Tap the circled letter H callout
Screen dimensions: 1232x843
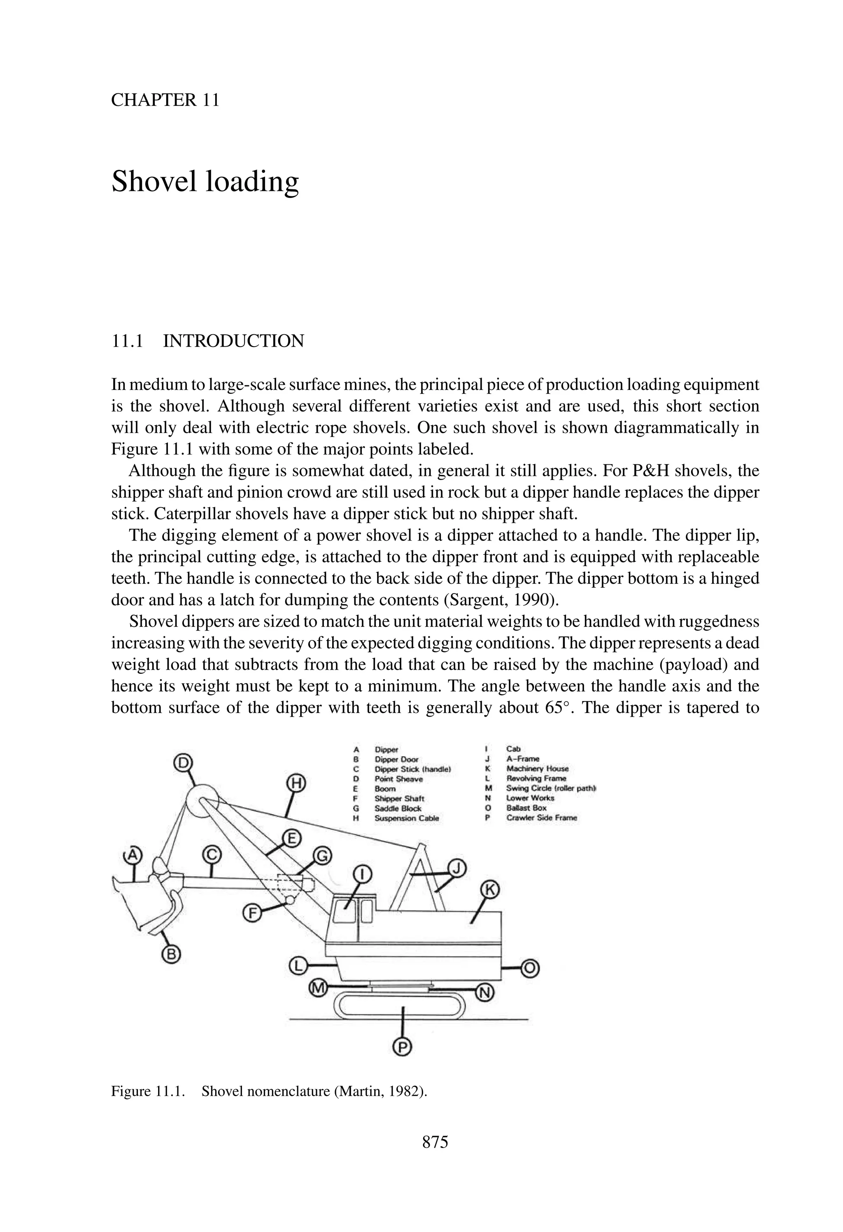[297, 783]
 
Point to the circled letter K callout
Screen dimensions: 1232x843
[489, 890]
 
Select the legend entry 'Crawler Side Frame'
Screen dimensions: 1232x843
[541, 817]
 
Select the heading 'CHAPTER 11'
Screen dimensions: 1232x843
[165, 100]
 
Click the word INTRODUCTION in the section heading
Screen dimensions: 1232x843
[233, 341]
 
